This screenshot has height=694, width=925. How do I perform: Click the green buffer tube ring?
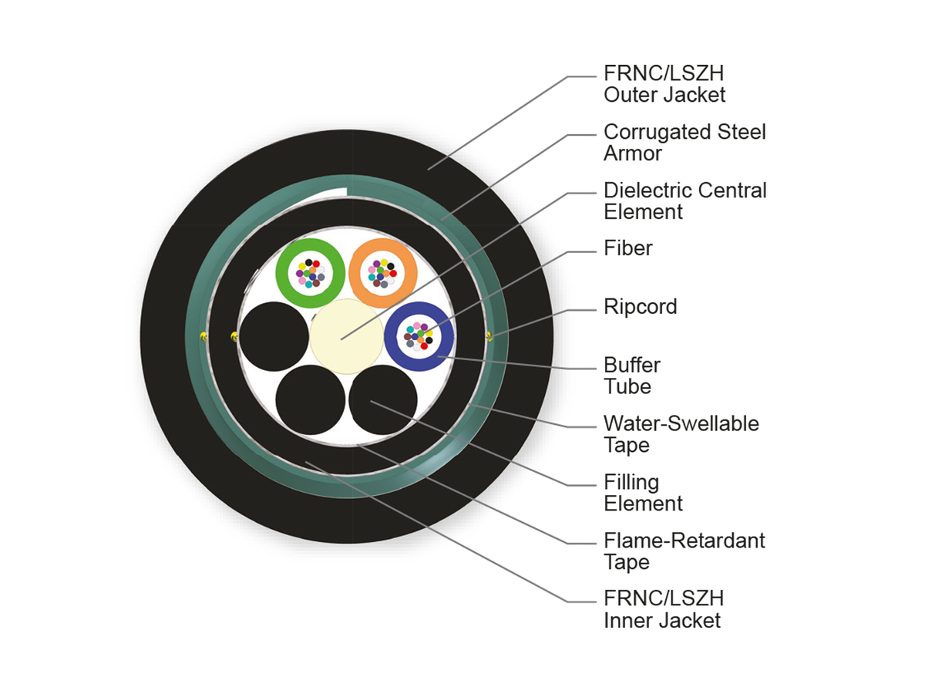click(281, 274)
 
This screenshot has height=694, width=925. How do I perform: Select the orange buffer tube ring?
click(355, 274)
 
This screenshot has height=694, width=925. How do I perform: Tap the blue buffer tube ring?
click(391, 337)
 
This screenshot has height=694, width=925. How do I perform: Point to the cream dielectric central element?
click(346, 336)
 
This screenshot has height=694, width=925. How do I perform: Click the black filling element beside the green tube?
click(274, 336)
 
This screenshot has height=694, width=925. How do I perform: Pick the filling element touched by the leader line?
click(383, 400)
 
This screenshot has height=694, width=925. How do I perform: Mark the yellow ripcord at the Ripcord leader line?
click(489, 336)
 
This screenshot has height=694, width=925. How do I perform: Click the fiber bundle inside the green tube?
click(311, 274)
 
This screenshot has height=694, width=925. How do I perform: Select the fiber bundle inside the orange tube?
click(382, 274)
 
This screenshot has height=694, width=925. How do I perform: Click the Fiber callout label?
click(628, 248)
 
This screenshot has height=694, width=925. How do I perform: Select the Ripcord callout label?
click(640, 308)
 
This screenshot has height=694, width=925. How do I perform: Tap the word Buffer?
click(632, 366)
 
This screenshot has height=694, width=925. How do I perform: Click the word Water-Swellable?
click(681, 423)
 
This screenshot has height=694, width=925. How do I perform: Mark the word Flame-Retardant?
click(684, 541)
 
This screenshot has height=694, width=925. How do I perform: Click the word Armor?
click(633, 153)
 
